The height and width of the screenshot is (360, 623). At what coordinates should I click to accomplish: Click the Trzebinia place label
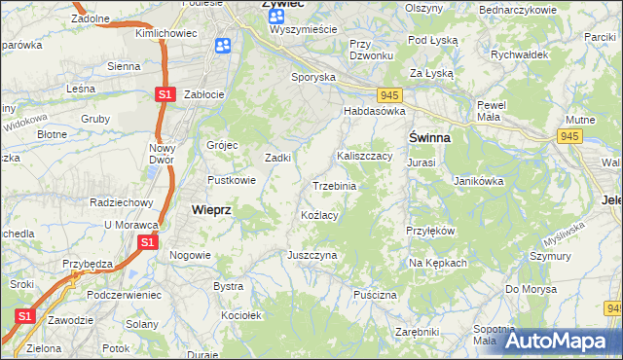[334, 185]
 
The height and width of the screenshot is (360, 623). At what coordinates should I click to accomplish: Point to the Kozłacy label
[319, 215]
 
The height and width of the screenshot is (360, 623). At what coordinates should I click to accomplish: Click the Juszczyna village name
[311, 255]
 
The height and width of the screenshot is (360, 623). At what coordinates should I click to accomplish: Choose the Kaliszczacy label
[364, 155]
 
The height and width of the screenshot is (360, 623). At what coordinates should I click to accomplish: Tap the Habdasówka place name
[373, 111]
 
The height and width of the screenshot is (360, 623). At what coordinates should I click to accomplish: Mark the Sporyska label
[313, 76]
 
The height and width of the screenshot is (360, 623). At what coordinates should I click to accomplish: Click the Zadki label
[279, 158]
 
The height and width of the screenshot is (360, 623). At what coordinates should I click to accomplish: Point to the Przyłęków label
[430, 231]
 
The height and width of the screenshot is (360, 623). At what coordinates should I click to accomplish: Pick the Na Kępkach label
[438, 263]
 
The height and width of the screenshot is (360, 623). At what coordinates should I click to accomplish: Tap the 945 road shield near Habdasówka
[390, 94]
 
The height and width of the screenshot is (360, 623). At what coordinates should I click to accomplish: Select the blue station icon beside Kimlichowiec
[223, 46]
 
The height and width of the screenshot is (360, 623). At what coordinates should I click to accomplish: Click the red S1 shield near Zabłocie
[165, 94]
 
